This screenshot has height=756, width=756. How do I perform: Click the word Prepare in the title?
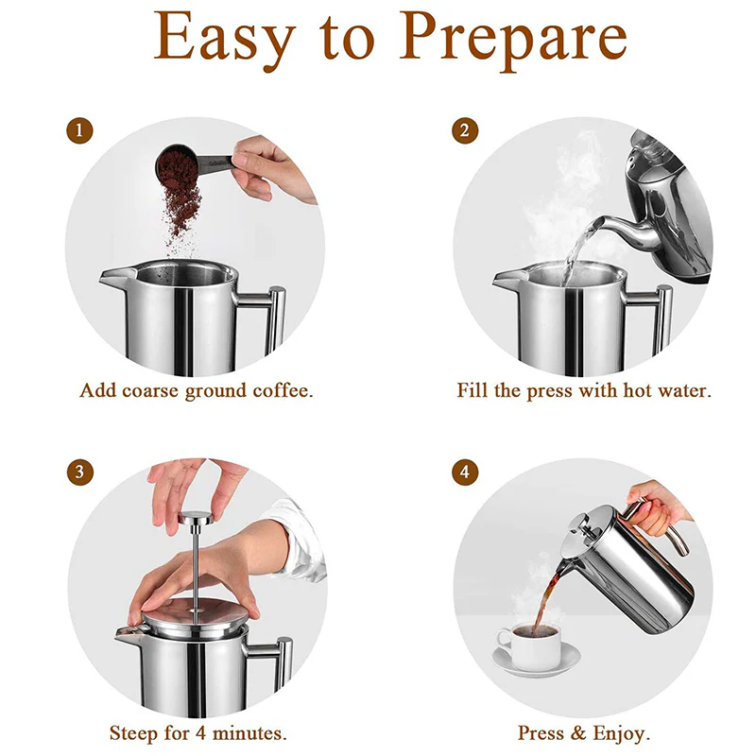[x=513, y=40]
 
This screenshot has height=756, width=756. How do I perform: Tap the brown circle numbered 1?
[x=79, y=130]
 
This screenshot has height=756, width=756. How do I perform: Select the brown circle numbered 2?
[x=465, y=130]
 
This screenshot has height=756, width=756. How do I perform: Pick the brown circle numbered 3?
[x=79, y=472]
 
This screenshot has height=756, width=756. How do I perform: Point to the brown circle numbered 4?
[x=465, y=472]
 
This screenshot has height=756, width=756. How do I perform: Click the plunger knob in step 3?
[x=196, y=518]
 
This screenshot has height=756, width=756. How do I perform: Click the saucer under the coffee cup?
[x=536, y=661]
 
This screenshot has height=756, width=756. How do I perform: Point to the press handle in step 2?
[x=656, y=318]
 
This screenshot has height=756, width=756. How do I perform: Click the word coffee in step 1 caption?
[x=283, y=390]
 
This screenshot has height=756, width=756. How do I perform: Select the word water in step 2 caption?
[x=684, y=390]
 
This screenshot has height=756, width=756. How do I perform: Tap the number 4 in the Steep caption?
[x=201, y=733]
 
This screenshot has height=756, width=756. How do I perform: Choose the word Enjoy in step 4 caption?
[x=622, y=734]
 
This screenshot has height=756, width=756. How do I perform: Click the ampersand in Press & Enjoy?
[x=578, y=733]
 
